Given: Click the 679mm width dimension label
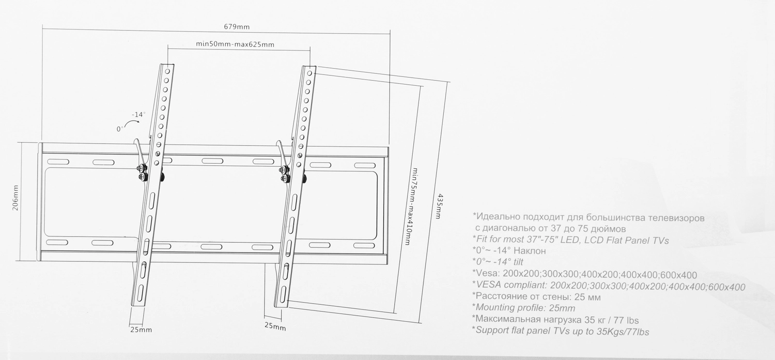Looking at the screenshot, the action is [237, 27].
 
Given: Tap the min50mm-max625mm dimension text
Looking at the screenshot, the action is [235, 44].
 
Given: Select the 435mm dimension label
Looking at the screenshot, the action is [439, 206].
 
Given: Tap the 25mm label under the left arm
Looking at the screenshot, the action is [141, 330].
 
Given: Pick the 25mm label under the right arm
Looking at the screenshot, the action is [275, 326].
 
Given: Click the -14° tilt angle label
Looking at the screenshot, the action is [138, 115].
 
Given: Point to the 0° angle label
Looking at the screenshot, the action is [120, 129].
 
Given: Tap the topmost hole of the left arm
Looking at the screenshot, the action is [167, 72].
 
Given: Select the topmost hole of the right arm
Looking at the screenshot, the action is [309, 73].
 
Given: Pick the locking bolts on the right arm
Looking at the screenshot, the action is [284, 175].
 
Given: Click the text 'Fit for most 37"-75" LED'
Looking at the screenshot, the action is [527, 240].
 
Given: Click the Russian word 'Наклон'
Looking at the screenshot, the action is [530, 251].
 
